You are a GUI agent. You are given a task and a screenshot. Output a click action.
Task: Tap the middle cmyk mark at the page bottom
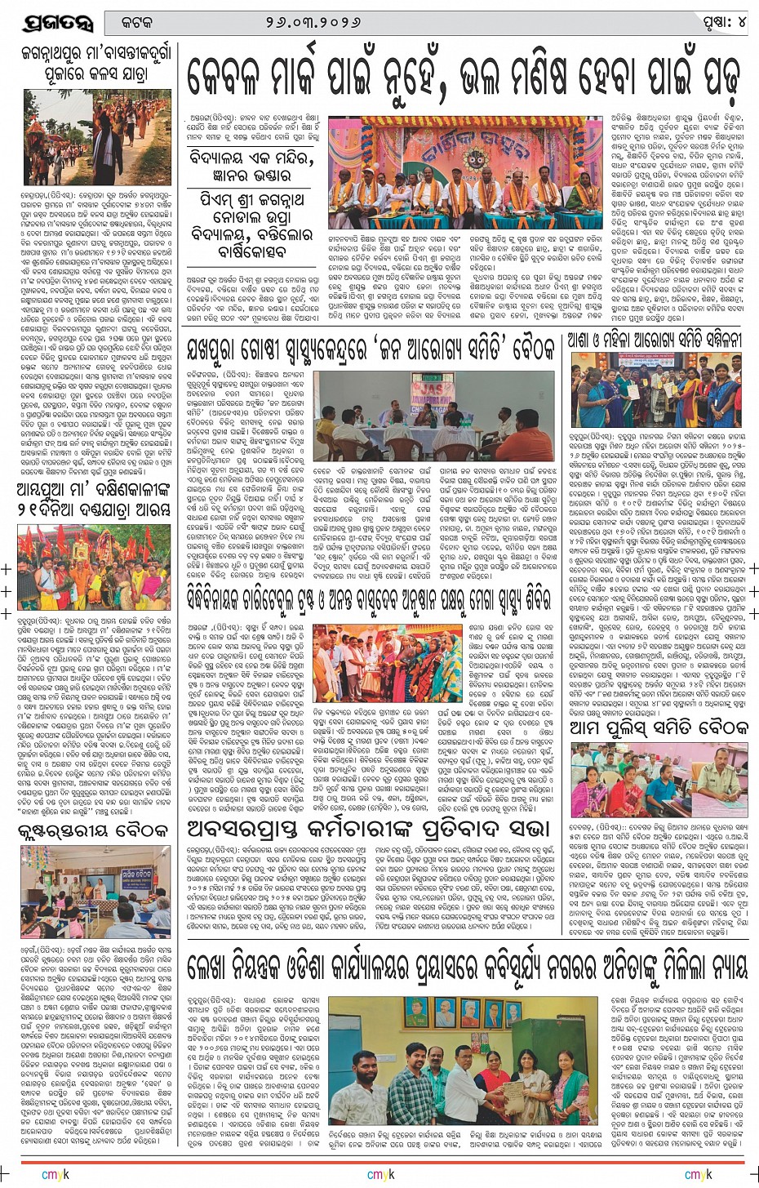(380, 1174)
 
